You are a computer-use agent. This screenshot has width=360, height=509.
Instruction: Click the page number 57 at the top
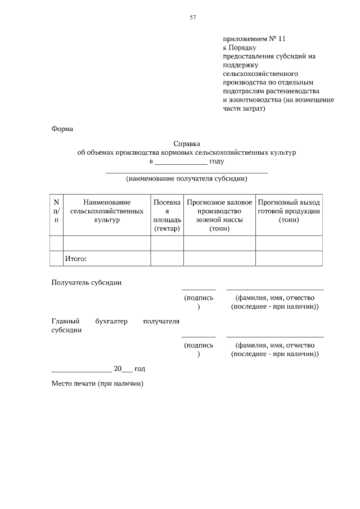(192, 17)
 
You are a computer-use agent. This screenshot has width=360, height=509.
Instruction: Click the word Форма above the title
(62, 129)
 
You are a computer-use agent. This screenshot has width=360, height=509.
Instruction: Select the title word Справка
(187, 143)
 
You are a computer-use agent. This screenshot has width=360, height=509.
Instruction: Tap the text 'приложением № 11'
(255, 39)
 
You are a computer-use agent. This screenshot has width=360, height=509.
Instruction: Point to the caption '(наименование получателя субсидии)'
(187, 179)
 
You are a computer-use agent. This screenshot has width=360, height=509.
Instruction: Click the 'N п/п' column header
(56, 211)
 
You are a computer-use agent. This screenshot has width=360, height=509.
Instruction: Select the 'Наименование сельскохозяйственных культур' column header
(107, 211)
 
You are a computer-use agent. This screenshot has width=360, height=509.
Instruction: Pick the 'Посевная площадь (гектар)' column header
(166, 215)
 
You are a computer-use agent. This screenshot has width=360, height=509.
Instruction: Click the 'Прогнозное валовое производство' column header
(219, 215)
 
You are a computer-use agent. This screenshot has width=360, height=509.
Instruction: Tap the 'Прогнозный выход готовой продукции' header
(289, 211)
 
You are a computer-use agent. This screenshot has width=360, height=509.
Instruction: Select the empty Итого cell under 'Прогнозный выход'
(289, 259)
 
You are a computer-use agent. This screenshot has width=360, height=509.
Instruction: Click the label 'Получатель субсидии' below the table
(87, 282)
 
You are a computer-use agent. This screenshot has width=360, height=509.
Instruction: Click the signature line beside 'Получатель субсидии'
(198, 289)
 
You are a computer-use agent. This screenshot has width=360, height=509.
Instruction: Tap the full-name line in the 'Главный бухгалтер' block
(274, 336)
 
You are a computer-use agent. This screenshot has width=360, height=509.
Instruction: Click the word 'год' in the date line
(139, 368)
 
